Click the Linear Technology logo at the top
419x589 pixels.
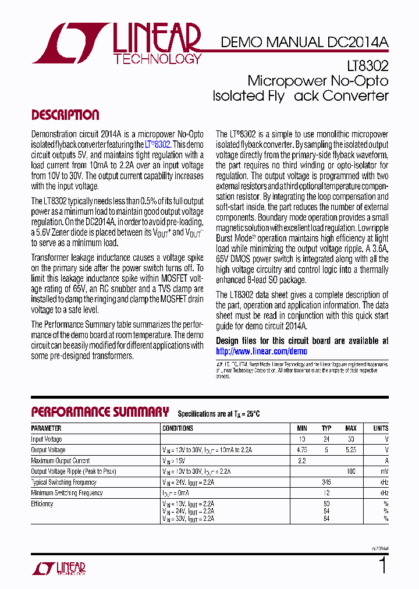tap(116, 44)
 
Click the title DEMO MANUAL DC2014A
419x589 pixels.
tap(304, 42)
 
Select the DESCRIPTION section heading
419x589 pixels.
tap(65, 115)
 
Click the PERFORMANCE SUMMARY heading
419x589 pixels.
tap(100, 412)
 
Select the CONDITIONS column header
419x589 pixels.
tap(178, 428)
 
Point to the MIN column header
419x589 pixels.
tap(302, 428)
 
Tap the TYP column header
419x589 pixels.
tap(326, 428)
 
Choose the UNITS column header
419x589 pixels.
tap(381, 428)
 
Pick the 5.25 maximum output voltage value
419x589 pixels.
tap(351, 450)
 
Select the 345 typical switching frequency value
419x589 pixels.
tap(326, 482)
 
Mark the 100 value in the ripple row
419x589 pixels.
tap(351, 471)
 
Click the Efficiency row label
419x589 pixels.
tap(42, 504)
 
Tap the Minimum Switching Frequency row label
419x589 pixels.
tap(66, 493)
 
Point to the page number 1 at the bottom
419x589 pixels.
tap(382, 566)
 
